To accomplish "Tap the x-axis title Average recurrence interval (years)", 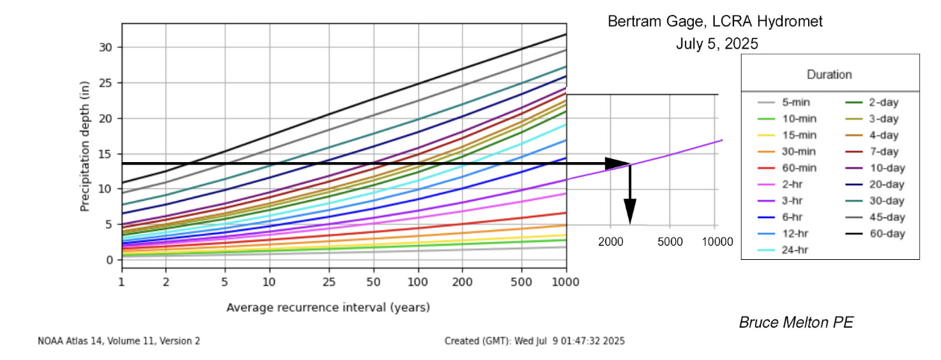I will (x=328, y=307).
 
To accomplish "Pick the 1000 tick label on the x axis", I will (x=565, y=282).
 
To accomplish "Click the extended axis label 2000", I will (x=611, y=241).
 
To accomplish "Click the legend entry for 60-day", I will (x=888, y=234).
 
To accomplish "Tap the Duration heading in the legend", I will (x=829, y=75).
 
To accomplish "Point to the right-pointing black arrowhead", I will (x=618, y=164).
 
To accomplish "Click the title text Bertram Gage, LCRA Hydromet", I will (x=715, y=22).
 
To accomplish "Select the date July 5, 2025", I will (x=717, y=44).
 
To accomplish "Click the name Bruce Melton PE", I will (x=796, y=323).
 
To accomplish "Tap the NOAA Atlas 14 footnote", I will (x=119, y=341).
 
